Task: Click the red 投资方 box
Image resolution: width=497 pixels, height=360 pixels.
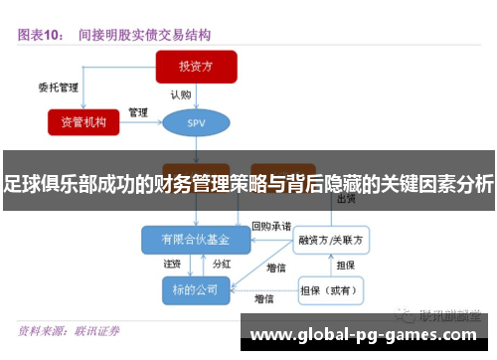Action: click(x=196, y=67)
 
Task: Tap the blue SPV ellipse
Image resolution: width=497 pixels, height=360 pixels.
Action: click(x=196, y=122)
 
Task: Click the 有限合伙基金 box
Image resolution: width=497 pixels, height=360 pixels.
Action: click(x=195, y=240)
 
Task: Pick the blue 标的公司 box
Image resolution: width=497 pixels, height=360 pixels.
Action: click(x=195, y=288)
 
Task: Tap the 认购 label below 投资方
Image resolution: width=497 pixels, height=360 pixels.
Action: click(x=181, y=95)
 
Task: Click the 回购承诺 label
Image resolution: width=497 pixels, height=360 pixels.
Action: click(x=271, y=226)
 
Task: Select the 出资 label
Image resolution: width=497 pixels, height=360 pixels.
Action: click(x=347, y=199)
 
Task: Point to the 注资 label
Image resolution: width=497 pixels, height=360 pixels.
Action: click(x=172, y=265)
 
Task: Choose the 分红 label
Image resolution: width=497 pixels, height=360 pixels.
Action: click(x=223, y=265)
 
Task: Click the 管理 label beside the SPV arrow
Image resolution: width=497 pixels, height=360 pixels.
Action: click(x=138, y=111)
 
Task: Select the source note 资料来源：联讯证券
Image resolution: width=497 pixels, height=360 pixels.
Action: click(x=69, y=330)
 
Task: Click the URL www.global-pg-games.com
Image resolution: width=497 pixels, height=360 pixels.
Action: click(x=368, y=334)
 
